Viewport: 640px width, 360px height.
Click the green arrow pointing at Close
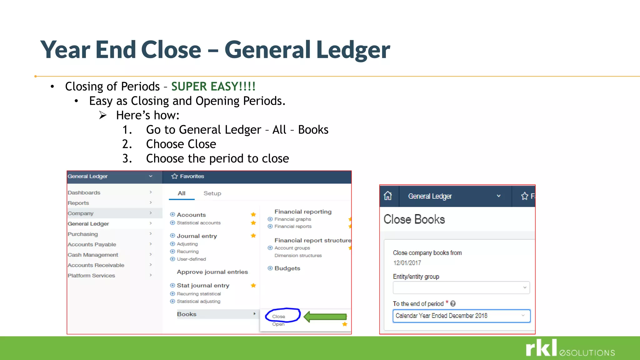click(325, 317)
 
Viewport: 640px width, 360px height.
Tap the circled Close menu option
click(279, 316)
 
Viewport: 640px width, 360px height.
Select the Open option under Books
click(278, 324)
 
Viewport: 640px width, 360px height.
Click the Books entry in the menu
click(187, 314)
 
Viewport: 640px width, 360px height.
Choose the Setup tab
click(212, 193)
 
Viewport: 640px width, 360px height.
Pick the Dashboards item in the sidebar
click(84, 192)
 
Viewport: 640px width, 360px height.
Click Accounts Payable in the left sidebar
click(92, 244)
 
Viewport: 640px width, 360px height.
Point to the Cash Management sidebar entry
click(93, 255)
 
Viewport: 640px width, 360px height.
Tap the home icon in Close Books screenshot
click(388, 196)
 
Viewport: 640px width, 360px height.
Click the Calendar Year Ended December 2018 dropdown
click(461, 316)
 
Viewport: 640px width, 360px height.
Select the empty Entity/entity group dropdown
click(461, 287)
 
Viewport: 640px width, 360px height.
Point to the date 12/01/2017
click(407, 263)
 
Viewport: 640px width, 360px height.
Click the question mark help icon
click(453, 303)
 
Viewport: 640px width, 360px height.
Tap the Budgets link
click(287, 268)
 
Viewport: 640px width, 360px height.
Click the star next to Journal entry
click(253, 236)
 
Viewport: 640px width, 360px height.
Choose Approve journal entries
click(212, 272)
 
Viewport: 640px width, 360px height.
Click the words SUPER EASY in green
click(213, 86)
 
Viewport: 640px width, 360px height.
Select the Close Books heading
click(414, 219)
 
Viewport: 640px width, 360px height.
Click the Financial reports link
click(293, 226)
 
